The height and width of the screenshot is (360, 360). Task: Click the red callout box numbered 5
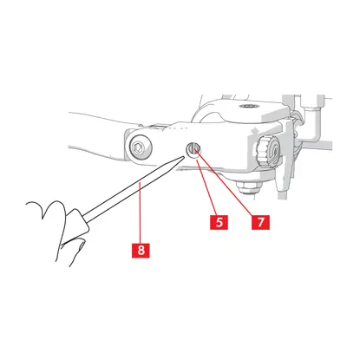[x=219, y=222]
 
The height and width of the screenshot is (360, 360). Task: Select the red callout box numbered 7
[x=260, y=222]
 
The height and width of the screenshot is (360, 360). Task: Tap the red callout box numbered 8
[x=141, y=250]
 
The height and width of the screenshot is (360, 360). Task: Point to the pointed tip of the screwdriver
[x=184, y=156]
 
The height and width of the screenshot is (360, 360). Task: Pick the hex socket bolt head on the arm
[x=138, y=148]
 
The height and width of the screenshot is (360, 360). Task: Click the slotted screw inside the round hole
[x=193, y=150]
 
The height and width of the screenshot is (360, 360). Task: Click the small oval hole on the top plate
[x=249, y=106]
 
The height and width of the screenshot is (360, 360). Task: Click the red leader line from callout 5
[x=206, y=187]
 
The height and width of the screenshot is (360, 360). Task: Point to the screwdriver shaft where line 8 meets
[x=140, y=184]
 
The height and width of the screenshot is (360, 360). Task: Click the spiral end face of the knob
[x=273, y=151]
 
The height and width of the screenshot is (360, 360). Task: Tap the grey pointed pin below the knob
[x=280, y=181]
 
